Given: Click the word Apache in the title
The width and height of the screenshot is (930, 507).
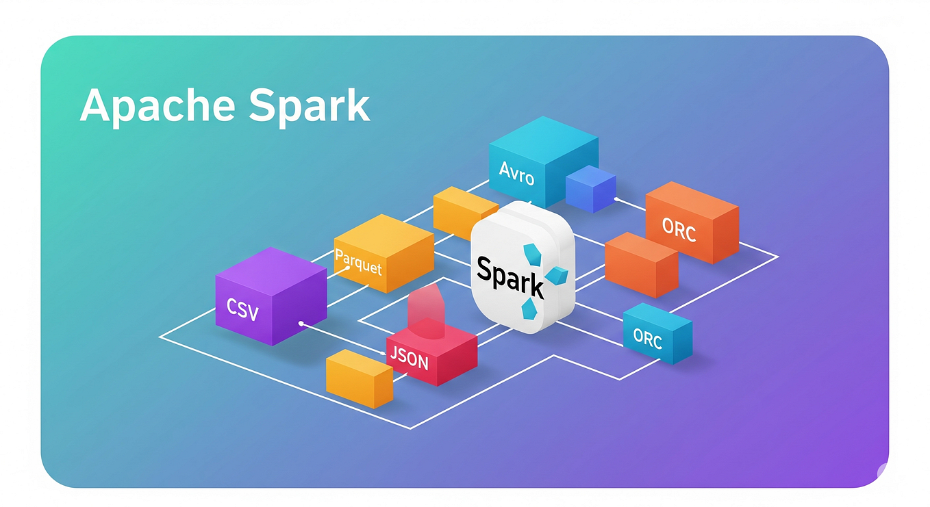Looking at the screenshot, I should pyautogui.click(x=157, y=107).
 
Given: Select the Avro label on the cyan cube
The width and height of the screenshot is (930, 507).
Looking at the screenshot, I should pyautogui.click(x=516, y=174).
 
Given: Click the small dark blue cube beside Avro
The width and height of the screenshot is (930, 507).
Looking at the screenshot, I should pyautogui.click(x=590, y=188).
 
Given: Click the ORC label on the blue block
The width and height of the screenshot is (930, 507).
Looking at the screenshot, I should pyautogui.click(x=647, y=337).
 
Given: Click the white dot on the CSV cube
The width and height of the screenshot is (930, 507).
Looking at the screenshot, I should pyautogui.click(x=301, y=322).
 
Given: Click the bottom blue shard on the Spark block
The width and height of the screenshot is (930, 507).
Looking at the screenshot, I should pyautogui.click(x=529, y=310).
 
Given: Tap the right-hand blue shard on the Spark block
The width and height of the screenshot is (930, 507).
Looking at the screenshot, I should pyautogui.click(x=557, y=276).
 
